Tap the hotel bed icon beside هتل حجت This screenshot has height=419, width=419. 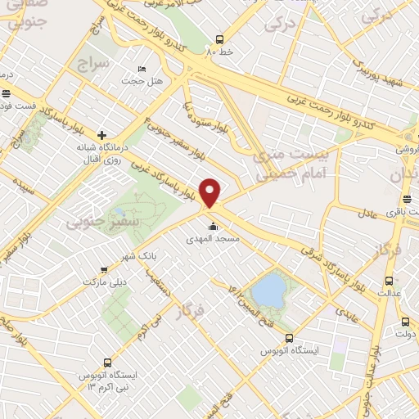tap(142, 69)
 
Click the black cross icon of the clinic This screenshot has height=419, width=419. tap(101, 135)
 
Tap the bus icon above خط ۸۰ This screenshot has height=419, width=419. tap(219, 38)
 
